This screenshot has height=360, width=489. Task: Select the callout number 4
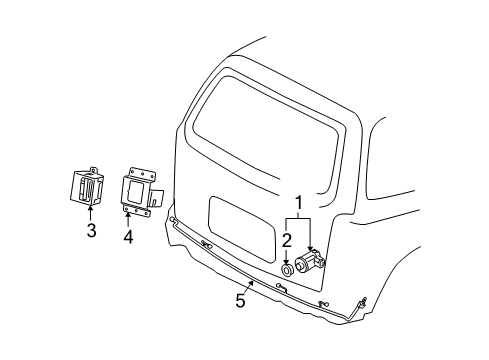[x=128, y=237]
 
